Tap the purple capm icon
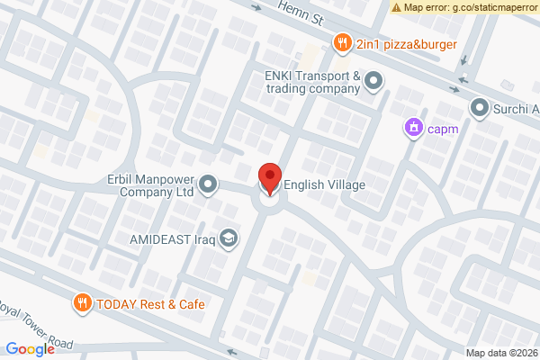coord(413,127)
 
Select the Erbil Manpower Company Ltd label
coord(149,185)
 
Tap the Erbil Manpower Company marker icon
coord(209,185)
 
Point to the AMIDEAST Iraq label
coord(170,238)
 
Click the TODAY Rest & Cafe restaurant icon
coord(83,302)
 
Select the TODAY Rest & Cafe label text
coord(153,303)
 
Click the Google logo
coord(30,349)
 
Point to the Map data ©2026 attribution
coord(500,352)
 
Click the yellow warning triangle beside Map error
coord(396,7)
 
